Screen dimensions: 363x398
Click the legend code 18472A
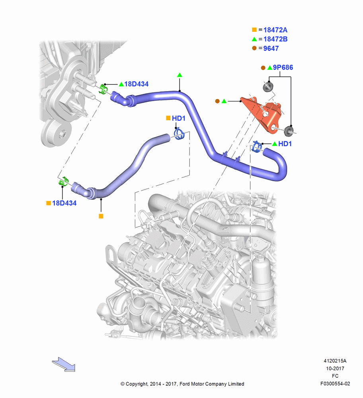pos(275,30)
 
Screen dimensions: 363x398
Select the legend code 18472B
pos(275,39)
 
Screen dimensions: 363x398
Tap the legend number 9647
pos(271,48)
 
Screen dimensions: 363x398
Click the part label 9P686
pos(283,68)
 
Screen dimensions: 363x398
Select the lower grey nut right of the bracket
pos(289,131)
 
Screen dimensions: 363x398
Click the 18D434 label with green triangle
pos(136,84)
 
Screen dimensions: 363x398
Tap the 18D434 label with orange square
pos(64,203)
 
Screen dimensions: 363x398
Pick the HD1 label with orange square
pos(178,118)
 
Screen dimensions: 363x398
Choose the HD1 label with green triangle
pos(285,144)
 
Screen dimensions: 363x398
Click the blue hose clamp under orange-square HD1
pos(179,134)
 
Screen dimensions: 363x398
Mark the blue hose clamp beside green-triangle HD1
pos(257,146)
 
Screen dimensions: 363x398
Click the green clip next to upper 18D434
pos(103,89)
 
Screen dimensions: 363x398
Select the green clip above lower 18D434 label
pos(63,181)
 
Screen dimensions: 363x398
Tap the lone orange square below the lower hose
pos(101,216)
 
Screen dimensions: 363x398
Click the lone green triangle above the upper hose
pos(180,75)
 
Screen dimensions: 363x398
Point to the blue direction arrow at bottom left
pos(63,364)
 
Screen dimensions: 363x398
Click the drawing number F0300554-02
pos(335,384)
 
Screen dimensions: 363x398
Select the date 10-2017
pos(335,368)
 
